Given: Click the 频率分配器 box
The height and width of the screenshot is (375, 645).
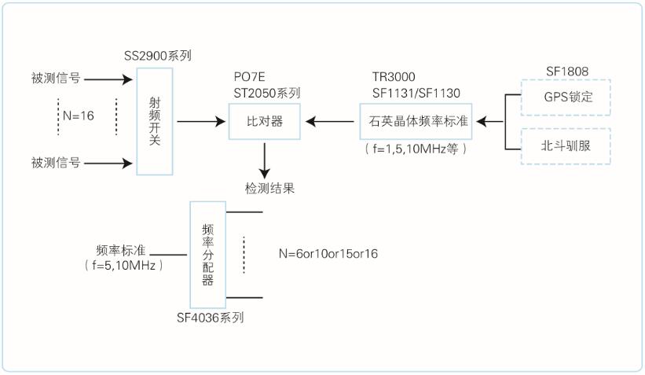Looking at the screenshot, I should (x=207, y=254).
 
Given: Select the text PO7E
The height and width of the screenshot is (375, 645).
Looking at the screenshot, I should (x=249, y=78).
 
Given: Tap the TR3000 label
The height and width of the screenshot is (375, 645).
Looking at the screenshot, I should (x=394, y=78).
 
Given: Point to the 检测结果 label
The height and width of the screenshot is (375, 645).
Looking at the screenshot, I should (x=267, y=189).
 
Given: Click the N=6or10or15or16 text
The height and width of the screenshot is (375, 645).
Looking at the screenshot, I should (x=329, y=254).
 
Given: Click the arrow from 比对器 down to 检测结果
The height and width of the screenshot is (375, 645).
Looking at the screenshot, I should (x=266, y=160).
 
